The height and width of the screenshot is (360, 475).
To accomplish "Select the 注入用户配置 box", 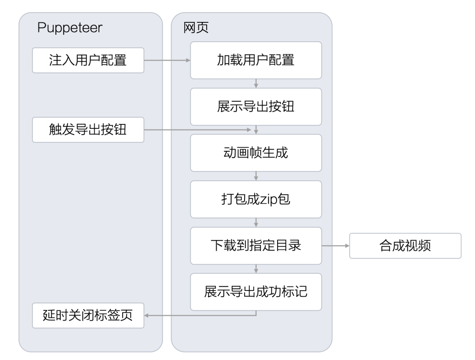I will [x=88, y=60].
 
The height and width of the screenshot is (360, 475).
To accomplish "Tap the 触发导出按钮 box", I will [x=88, y=130].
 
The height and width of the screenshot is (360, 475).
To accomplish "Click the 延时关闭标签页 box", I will [x=88, y=316].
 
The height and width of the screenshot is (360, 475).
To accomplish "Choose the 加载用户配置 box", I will [x=256, y=60].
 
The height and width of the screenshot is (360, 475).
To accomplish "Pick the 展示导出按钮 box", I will [x=256, y=106].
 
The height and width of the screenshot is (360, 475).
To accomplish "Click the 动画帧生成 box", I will [x=256, y=153].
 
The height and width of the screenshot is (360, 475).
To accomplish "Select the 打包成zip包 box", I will [x=256, y=199].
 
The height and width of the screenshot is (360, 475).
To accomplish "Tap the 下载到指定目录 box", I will [x=256, y=246].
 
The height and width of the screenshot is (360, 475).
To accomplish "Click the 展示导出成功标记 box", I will [x=256, y=292].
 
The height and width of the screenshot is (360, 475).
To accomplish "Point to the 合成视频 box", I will [x=405, y=246].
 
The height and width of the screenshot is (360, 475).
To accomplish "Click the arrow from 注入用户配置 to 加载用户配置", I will [x=167, y=60].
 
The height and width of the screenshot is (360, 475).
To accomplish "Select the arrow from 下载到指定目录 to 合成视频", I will [x=336, y=246].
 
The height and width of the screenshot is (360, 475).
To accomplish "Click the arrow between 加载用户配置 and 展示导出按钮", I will [x=256, y=83].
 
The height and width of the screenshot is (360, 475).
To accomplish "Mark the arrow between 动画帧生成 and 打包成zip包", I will [x=256, y=176].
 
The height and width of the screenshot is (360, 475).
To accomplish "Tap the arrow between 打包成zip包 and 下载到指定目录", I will [x=256, y=222].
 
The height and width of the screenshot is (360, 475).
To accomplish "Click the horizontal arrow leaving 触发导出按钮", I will [x=198, y=130].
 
